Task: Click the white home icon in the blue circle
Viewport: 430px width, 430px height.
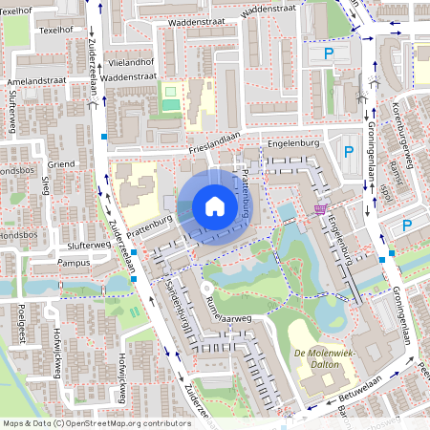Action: point(215,206)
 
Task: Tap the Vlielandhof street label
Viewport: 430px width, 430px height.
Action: point(132,59)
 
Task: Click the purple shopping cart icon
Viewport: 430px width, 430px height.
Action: point(319,208)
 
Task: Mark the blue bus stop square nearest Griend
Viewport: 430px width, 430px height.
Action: point(103,138)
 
